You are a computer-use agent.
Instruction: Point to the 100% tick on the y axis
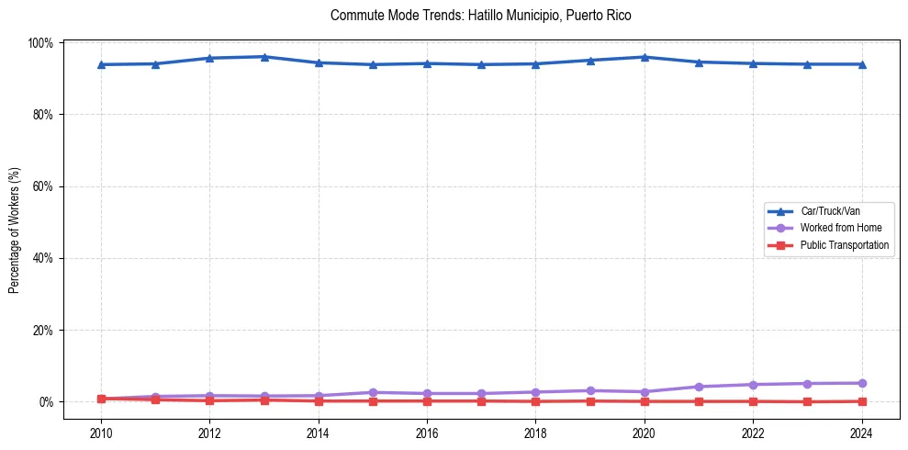[x=41, y=43]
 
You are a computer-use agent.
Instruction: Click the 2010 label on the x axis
[x=101, y=433]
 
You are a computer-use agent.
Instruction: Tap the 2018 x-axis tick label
[x=535, y=433]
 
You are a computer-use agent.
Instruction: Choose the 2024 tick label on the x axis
[x=861, y=433]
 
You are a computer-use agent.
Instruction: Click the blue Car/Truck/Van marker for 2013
[x=263, y=57]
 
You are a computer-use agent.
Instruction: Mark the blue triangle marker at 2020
[x=645, y=57]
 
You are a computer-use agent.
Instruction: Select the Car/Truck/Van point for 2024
[x=861, y=64]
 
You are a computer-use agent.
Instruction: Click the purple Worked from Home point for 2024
[x=861, y=383]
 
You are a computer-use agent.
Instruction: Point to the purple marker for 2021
[x=699, y=387]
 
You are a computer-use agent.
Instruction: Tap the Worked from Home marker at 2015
[x=373, y=392]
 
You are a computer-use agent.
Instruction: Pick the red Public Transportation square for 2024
[x=861, y=401]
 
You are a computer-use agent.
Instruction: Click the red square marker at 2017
[x=481, y=400]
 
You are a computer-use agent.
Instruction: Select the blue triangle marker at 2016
[x=427, y=63]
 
